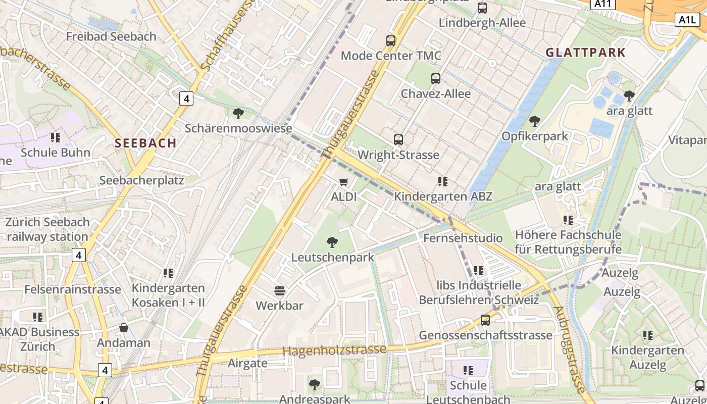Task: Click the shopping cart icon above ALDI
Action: click(x=344, y=182)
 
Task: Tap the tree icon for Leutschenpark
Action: click(x=332, y=242)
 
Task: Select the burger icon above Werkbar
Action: click(x=279, y=290)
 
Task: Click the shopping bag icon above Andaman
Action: click(x=124, y=328)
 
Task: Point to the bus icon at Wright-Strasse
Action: click(x=398, y=140)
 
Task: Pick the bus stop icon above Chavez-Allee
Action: click(x=436, y=79)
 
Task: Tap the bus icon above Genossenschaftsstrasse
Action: click(x=485, y=320)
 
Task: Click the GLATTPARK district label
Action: click(x=585, y=53)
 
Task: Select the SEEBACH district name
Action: click(x=145, y=143)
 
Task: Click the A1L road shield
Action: click(x=687, y=20)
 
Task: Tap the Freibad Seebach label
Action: click(x=111, y=37)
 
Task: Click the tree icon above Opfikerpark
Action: click(x=534, y=121)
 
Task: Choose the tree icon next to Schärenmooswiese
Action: click(x=238, y=114)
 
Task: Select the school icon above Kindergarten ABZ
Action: click(x=443, y=182)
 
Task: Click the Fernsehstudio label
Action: click(x=463, y=238)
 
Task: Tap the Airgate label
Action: click(x=247, y=363)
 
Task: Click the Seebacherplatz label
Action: click(x=141, y=180)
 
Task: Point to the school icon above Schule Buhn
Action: click(x=56, y=137)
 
